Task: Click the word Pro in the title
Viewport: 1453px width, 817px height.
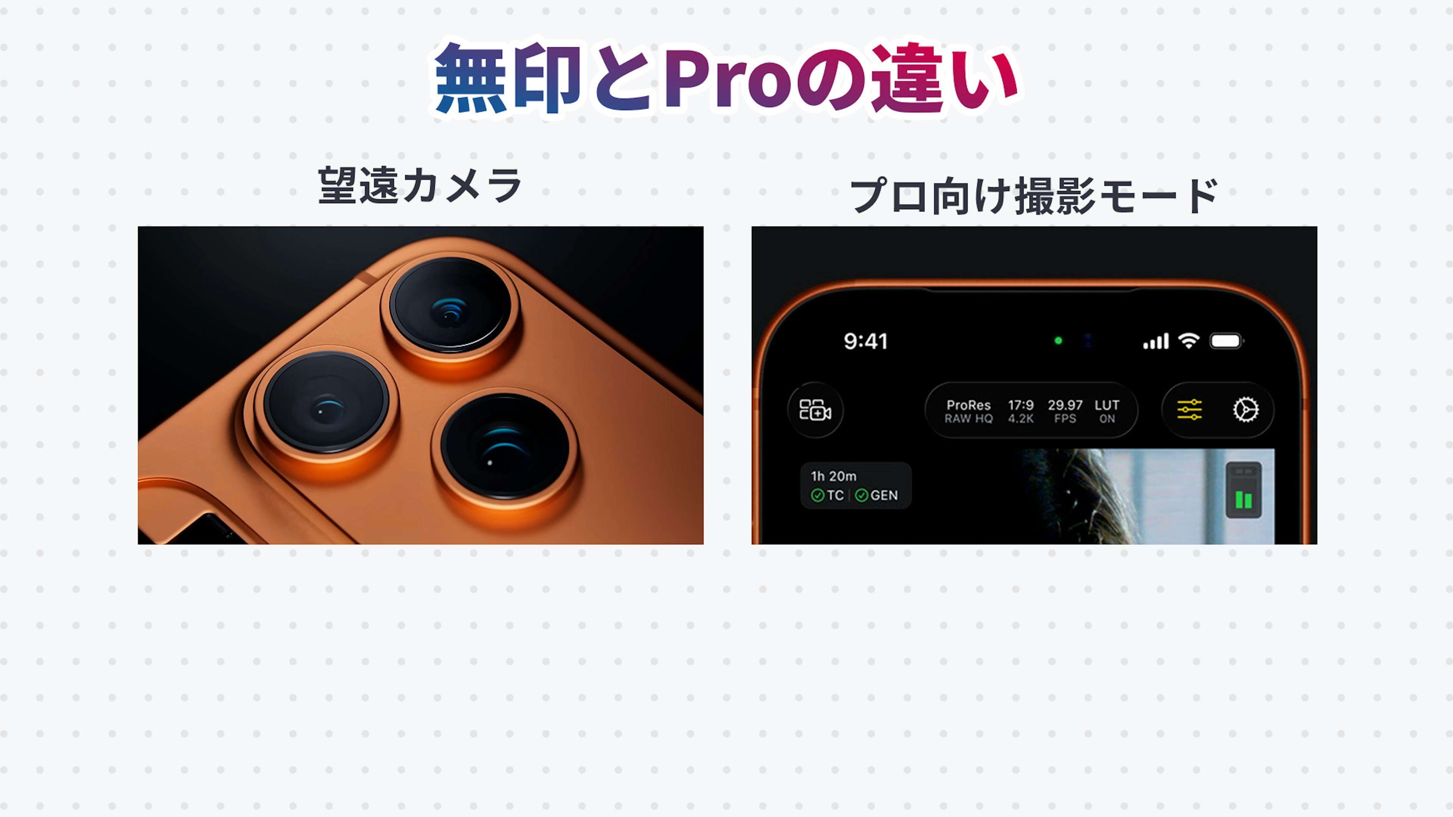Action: (x=730, y=79)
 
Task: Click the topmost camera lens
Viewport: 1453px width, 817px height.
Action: (x=450, y=306)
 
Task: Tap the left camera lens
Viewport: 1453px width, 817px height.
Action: (x=326, y=402)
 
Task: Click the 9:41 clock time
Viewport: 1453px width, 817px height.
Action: (x=865, y=341)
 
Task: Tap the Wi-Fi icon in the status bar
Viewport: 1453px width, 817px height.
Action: (x=1189, y=340)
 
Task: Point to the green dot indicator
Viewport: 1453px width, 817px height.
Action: (x=1058, y=340)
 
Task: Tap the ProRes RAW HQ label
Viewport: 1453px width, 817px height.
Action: (x=969, y=411)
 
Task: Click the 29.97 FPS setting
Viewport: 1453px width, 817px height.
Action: (x=1065, y=411)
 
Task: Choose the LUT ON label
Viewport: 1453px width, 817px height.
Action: (x=1107, y=411)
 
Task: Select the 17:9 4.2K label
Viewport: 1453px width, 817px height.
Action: (x=1021, y=411)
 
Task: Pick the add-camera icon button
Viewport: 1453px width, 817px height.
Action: (x=815, y=410)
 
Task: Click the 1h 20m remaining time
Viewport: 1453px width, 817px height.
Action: (x=833, y=477)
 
